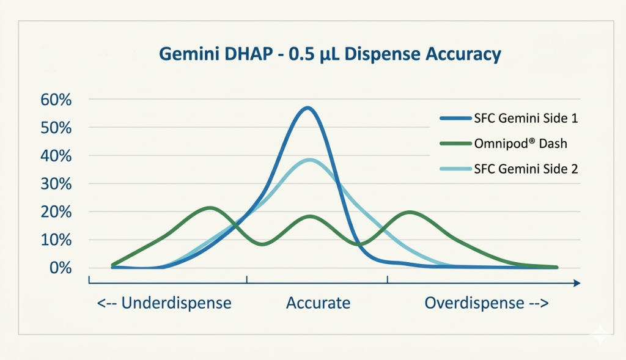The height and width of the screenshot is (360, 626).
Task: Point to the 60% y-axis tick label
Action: [x=56, y=100]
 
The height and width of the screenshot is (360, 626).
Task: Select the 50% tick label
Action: [x=56, y=128]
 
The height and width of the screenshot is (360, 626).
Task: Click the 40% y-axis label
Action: [x=56, y=156]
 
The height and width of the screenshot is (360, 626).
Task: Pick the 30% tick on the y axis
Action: [x=56, y=184]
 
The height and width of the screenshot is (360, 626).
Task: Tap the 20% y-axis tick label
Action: [x=56, y=212]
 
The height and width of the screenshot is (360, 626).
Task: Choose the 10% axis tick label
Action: [x=56, y=240]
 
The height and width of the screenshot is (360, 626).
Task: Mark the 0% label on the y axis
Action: [x=61, y=268]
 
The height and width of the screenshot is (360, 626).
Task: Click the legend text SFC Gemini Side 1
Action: [x=526, y=118]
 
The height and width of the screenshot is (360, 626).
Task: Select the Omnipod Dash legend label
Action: [x=521, y=143]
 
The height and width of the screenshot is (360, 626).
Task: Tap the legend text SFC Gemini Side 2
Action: [x=526, y=169]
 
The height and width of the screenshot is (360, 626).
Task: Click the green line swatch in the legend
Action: [x=455, y=143]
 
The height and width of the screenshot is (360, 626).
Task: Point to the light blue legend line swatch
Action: [x=455, y=169]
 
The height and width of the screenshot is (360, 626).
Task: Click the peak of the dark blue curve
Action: [x=307, y=108]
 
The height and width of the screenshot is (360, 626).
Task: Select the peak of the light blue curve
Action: [x=310, y=160]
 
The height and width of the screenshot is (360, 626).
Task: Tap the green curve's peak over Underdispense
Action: [x=210, y=208]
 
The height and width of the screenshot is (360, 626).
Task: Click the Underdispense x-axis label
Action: [x=164, y=303]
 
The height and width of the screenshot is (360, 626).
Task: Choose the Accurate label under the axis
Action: [x=318, y=303]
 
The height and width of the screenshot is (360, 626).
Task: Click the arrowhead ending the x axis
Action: [x=577, y=283]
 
